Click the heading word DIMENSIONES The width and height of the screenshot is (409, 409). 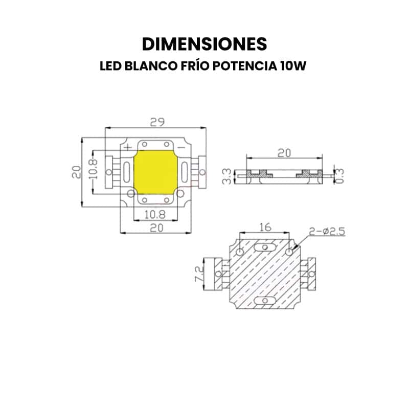[x=204, y=44]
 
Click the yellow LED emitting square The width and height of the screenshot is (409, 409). [x=155, y=172]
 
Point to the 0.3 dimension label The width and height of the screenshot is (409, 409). [x=339, y=174]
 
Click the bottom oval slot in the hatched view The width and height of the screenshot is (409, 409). [x=264, y=301]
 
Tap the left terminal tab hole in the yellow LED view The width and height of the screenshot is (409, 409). [x=109, y=172]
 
